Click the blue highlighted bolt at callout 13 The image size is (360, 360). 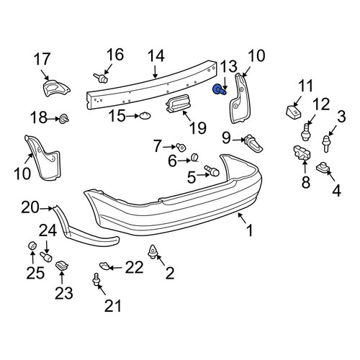point(219,89)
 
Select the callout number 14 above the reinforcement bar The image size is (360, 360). point(156,56)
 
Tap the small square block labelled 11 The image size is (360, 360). point(294,111)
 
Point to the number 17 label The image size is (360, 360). point(42,59)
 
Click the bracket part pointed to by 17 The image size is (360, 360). point(55,88)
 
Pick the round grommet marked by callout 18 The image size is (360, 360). point(64,119)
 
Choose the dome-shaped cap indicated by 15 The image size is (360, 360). point(145,116)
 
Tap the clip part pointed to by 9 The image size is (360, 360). point(253,143)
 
